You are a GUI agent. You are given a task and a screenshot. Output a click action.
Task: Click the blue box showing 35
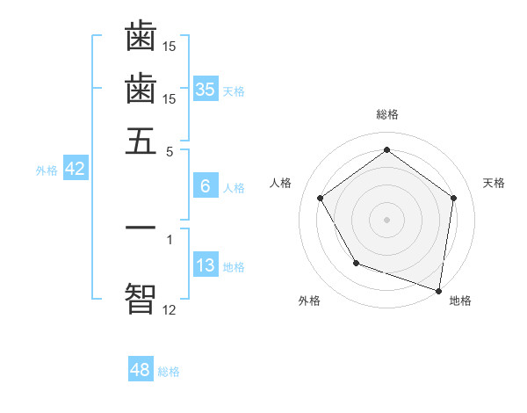tap(206, 89)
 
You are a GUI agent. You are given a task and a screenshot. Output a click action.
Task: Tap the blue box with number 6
tap(206, 185)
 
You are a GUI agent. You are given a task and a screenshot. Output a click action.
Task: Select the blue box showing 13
tap(206, 265)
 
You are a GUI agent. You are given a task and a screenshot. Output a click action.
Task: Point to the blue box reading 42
tap(75, 170)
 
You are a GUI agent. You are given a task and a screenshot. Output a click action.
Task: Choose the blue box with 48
tap(140, 370)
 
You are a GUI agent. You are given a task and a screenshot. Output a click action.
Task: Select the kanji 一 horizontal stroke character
tap(141, 227)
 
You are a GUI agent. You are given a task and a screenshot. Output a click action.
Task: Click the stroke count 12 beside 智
tap(169, 308)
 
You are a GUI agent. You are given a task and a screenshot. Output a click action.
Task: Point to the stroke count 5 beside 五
tap(170, 150)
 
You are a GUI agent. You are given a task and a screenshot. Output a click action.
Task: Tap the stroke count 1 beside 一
tap(170, 237)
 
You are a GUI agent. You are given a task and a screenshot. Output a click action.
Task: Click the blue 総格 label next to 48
tap(169, 372)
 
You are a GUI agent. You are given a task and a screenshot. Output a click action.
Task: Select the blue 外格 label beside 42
tap(47, 170)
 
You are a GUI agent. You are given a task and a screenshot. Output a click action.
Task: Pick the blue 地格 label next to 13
tap(234, 267)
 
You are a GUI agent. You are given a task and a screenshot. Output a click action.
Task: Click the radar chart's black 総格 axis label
tap(386, 114)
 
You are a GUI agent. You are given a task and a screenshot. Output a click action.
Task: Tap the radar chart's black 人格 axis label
tap(281, 183)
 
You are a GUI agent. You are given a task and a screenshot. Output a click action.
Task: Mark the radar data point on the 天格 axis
tap(453, 198)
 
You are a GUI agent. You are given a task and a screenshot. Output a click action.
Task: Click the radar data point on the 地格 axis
tap(439, 290)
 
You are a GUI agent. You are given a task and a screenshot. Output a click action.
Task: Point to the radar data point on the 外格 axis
tap(356, 263)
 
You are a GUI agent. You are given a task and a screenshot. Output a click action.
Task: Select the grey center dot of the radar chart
tap(386, 219)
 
